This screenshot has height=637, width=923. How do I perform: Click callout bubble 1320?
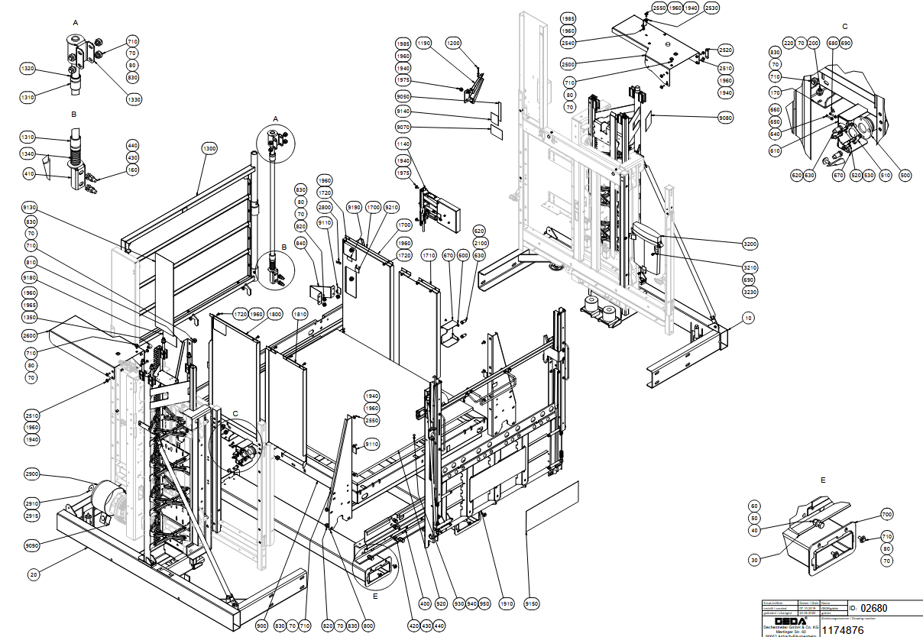coord(28,69)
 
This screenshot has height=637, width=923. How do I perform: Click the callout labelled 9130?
coord(31,209)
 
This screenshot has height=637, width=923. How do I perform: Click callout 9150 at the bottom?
coord(532,604)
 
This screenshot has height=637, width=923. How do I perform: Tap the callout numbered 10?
coord(747,316)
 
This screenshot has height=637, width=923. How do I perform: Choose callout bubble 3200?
coord(750,244)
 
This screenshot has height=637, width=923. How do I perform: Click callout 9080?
coord(725,118)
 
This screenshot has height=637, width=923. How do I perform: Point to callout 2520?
coord(725,50)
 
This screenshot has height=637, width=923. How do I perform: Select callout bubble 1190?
coord(425,44)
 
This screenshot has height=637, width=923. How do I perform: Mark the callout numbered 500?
coord(905,176)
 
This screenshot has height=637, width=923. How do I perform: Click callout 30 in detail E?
coord(754,560)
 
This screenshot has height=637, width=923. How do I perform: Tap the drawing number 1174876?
coord(844,629)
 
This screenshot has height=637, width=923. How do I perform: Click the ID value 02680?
coord(873,608)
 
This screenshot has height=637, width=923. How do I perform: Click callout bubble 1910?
coord(504,604)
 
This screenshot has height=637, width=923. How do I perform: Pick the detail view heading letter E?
coord(822,480)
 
